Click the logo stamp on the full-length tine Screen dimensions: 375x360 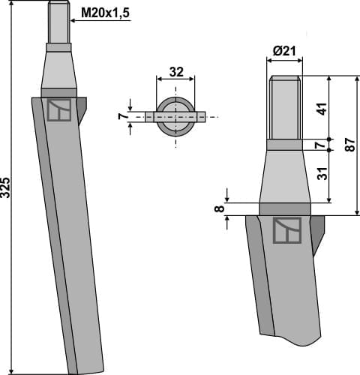tap(58, 110)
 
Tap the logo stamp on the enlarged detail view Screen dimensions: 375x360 tap(286, 230)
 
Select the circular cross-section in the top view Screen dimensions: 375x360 tap(175, 116)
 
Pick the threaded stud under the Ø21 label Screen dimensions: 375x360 tap(284, 109)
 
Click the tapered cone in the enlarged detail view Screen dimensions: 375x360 tap(284, 176)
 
